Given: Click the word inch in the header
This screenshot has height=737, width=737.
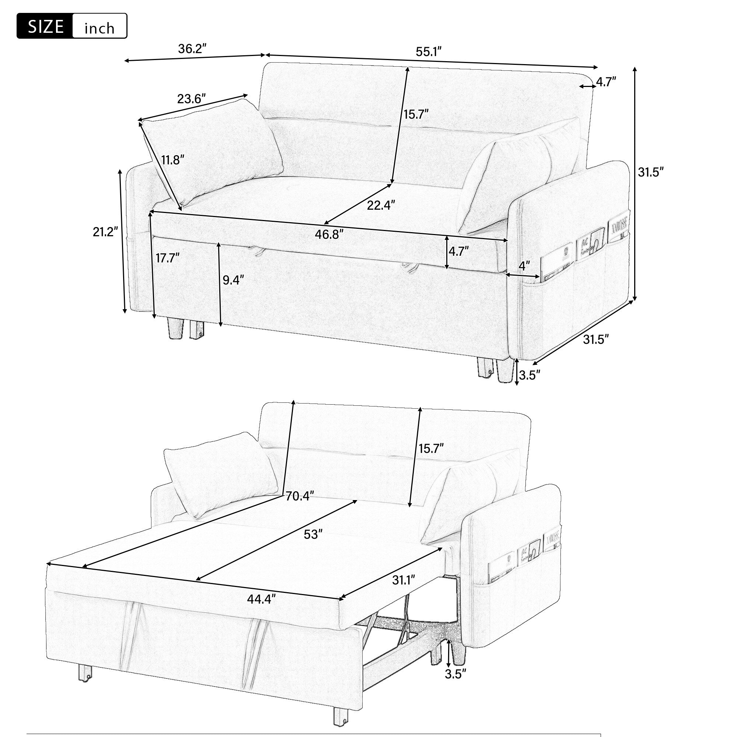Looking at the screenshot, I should pyautogui.click(x=99, y=28).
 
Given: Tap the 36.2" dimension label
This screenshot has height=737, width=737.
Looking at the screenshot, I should pyautogui.click(x=193, y=49).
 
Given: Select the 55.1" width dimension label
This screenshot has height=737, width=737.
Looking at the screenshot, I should pyautogui.click(x=429, y=52).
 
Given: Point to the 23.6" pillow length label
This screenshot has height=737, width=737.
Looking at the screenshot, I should pyautogui.click(x=192, y=99).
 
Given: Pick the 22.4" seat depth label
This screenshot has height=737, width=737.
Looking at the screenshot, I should pyautogui.click(x=381, y=205).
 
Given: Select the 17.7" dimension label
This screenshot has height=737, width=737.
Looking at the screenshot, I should pyautogui.click(x=167, y=258).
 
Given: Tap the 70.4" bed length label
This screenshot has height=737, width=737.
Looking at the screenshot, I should pyautogui.click(x=300, y=496).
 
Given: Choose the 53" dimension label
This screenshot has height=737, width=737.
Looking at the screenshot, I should pyautogui.click(x=311, y=534).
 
